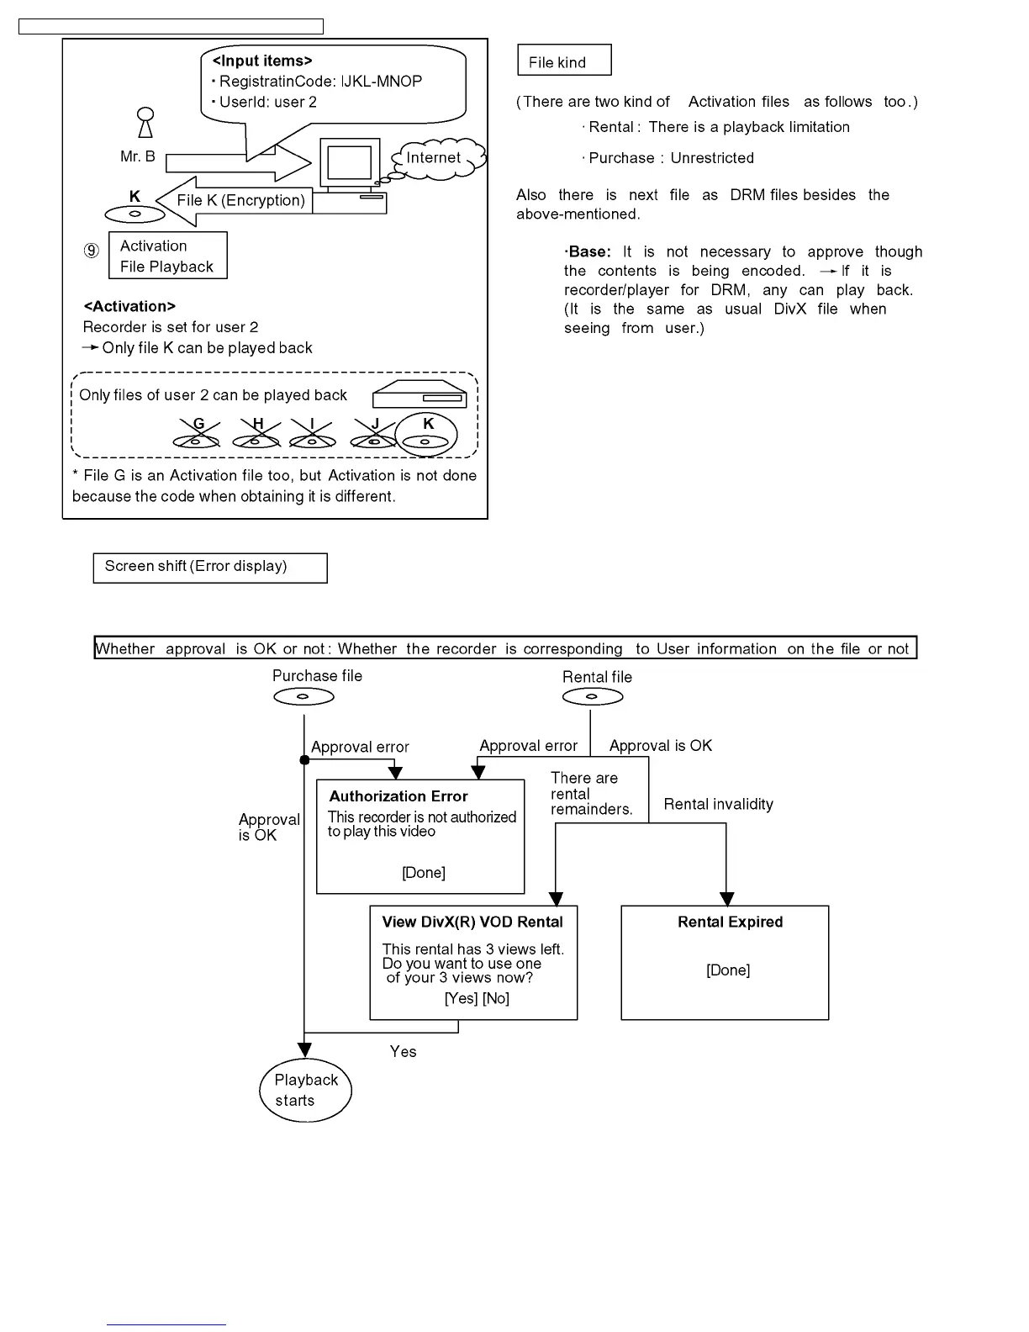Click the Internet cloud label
tap(434, 158)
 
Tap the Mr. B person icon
tap(145, 123)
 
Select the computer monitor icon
tap(349, 162)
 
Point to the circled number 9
tap(92, 251)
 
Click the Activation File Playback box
tap(168, 256)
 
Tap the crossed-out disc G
tap(196, 436)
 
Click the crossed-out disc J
tap(375, 436)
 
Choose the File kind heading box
tap(564, 61)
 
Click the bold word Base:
tap(588, 252)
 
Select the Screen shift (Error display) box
tap(210, 568)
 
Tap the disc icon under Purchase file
tap(303, 697)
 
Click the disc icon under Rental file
tap(592, 697)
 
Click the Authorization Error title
tap(398, 796)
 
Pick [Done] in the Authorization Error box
tap(424, 873)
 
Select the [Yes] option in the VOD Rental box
tap(461, 999)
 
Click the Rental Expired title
tap(730, 922)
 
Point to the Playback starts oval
tap(305, 1091)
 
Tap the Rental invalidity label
tap(718, 805)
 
